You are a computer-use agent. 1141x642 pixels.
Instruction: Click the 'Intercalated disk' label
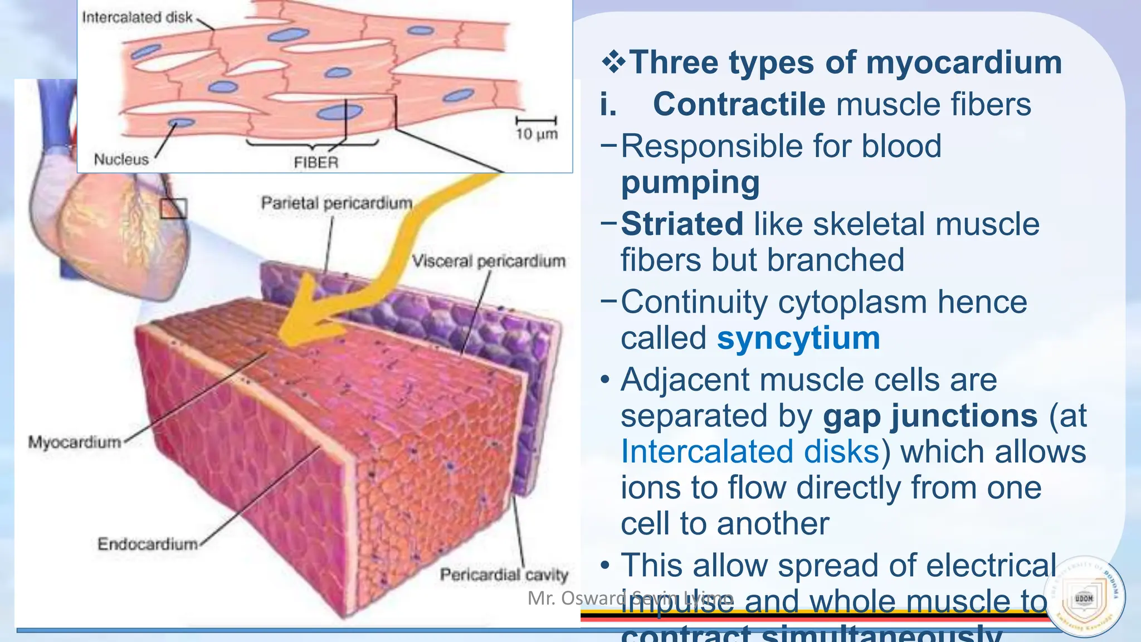click(137, 17)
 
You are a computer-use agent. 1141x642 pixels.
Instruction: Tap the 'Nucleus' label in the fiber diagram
click(121, 159)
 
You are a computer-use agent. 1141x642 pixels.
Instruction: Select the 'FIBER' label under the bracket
click(316, 163)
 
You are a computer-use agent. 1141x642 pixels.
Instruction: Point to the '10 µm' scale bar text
click(536, 134)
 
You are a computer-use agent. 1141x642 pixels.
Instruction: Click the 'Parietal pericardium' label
click(337, 203)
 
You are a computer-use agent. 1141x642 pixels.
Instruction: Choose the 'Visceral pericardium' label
click(489, 261)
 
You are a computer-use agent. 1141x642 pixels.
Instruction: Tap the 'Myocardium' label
click(75, 442)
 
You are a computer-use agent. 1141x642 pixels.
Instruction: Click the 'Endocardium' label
click(148, 544)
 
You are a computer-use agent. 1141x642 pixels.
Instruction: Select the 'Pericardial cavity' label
click(504, 575)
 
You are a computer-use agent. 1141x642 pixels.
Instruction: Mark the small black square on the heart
click(173, 208)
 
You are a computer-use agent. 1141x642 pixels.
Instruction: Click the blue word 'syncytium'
click(798, 338)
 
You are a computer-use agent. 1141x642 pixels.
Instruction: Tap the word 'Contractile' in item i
click(739, 104)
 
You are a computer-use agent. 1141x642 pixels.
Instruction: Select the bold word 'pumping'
click(690, 183)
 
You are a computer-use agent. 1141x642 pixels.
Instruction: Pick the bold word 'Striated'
click(682, 224)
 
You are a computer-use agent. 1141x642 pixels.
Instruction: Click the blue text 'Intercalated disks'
click(750, 451)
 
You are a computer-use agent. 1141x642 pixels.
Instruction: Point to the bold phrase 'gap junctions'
click(930, 416)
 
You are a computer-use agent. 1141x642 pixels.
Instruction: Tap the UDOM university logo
click(1084, 597)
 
